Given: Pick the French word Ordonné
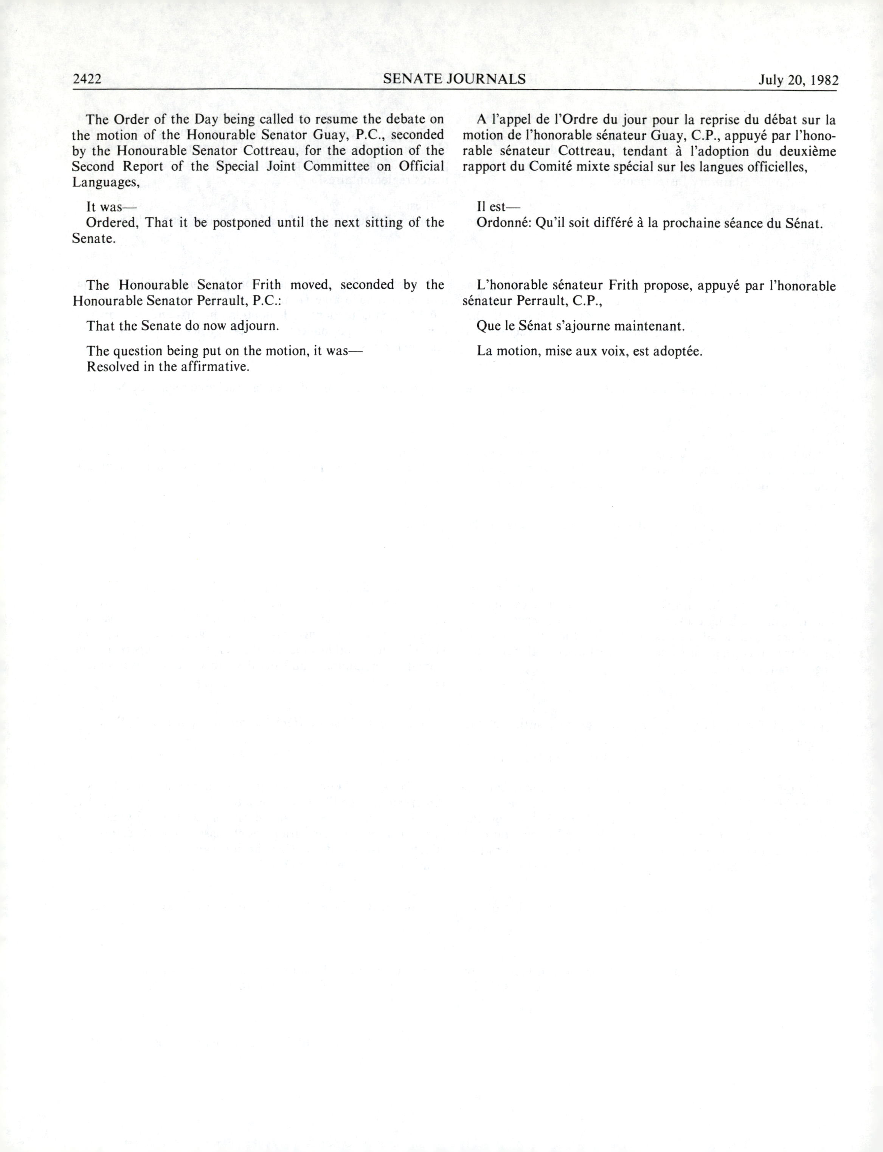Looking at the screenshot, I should coord(501,223).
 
